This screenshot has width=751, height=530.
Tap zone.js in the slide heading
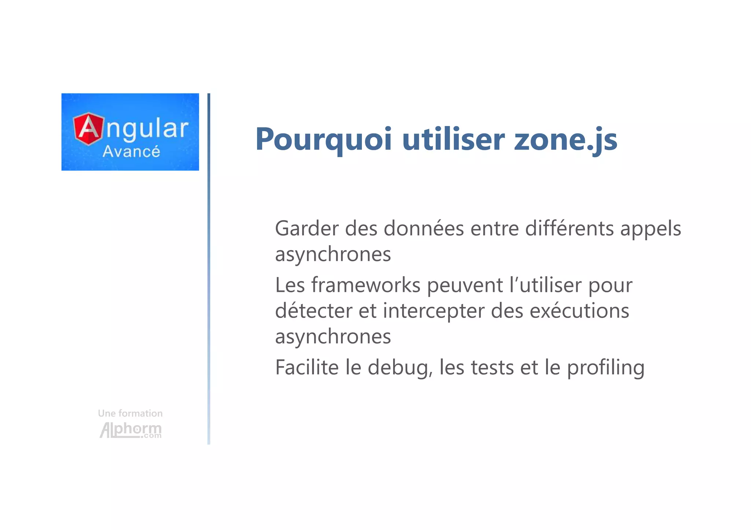click(565, 140)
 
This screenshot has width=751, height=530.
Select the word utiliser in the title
click(453, 140)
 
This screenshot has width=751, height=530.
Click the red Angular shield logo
click(88, 129)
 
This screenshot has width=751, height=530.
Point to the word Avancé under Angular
click(131, 151)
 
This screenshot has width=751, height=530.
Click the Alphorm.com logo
click(131, 430)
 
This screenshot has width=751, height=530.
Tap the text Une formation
click(130, 413)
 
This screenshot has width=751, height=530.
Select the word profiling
click(606, 368)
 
